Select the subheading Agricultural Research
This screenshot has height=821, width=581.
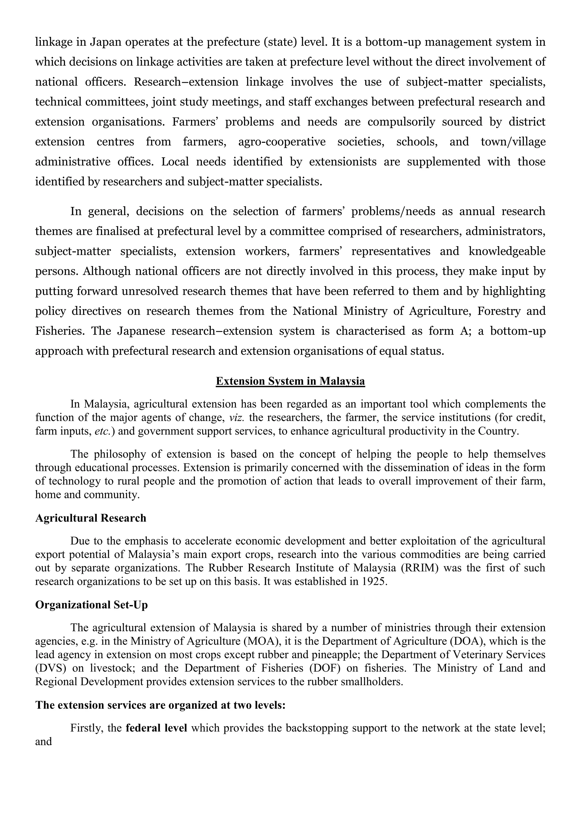[90, 518]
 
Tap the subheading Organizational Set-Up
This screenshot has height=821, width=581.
[91, 605]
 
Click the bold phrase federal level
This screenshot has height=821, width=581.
[156, 728]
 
